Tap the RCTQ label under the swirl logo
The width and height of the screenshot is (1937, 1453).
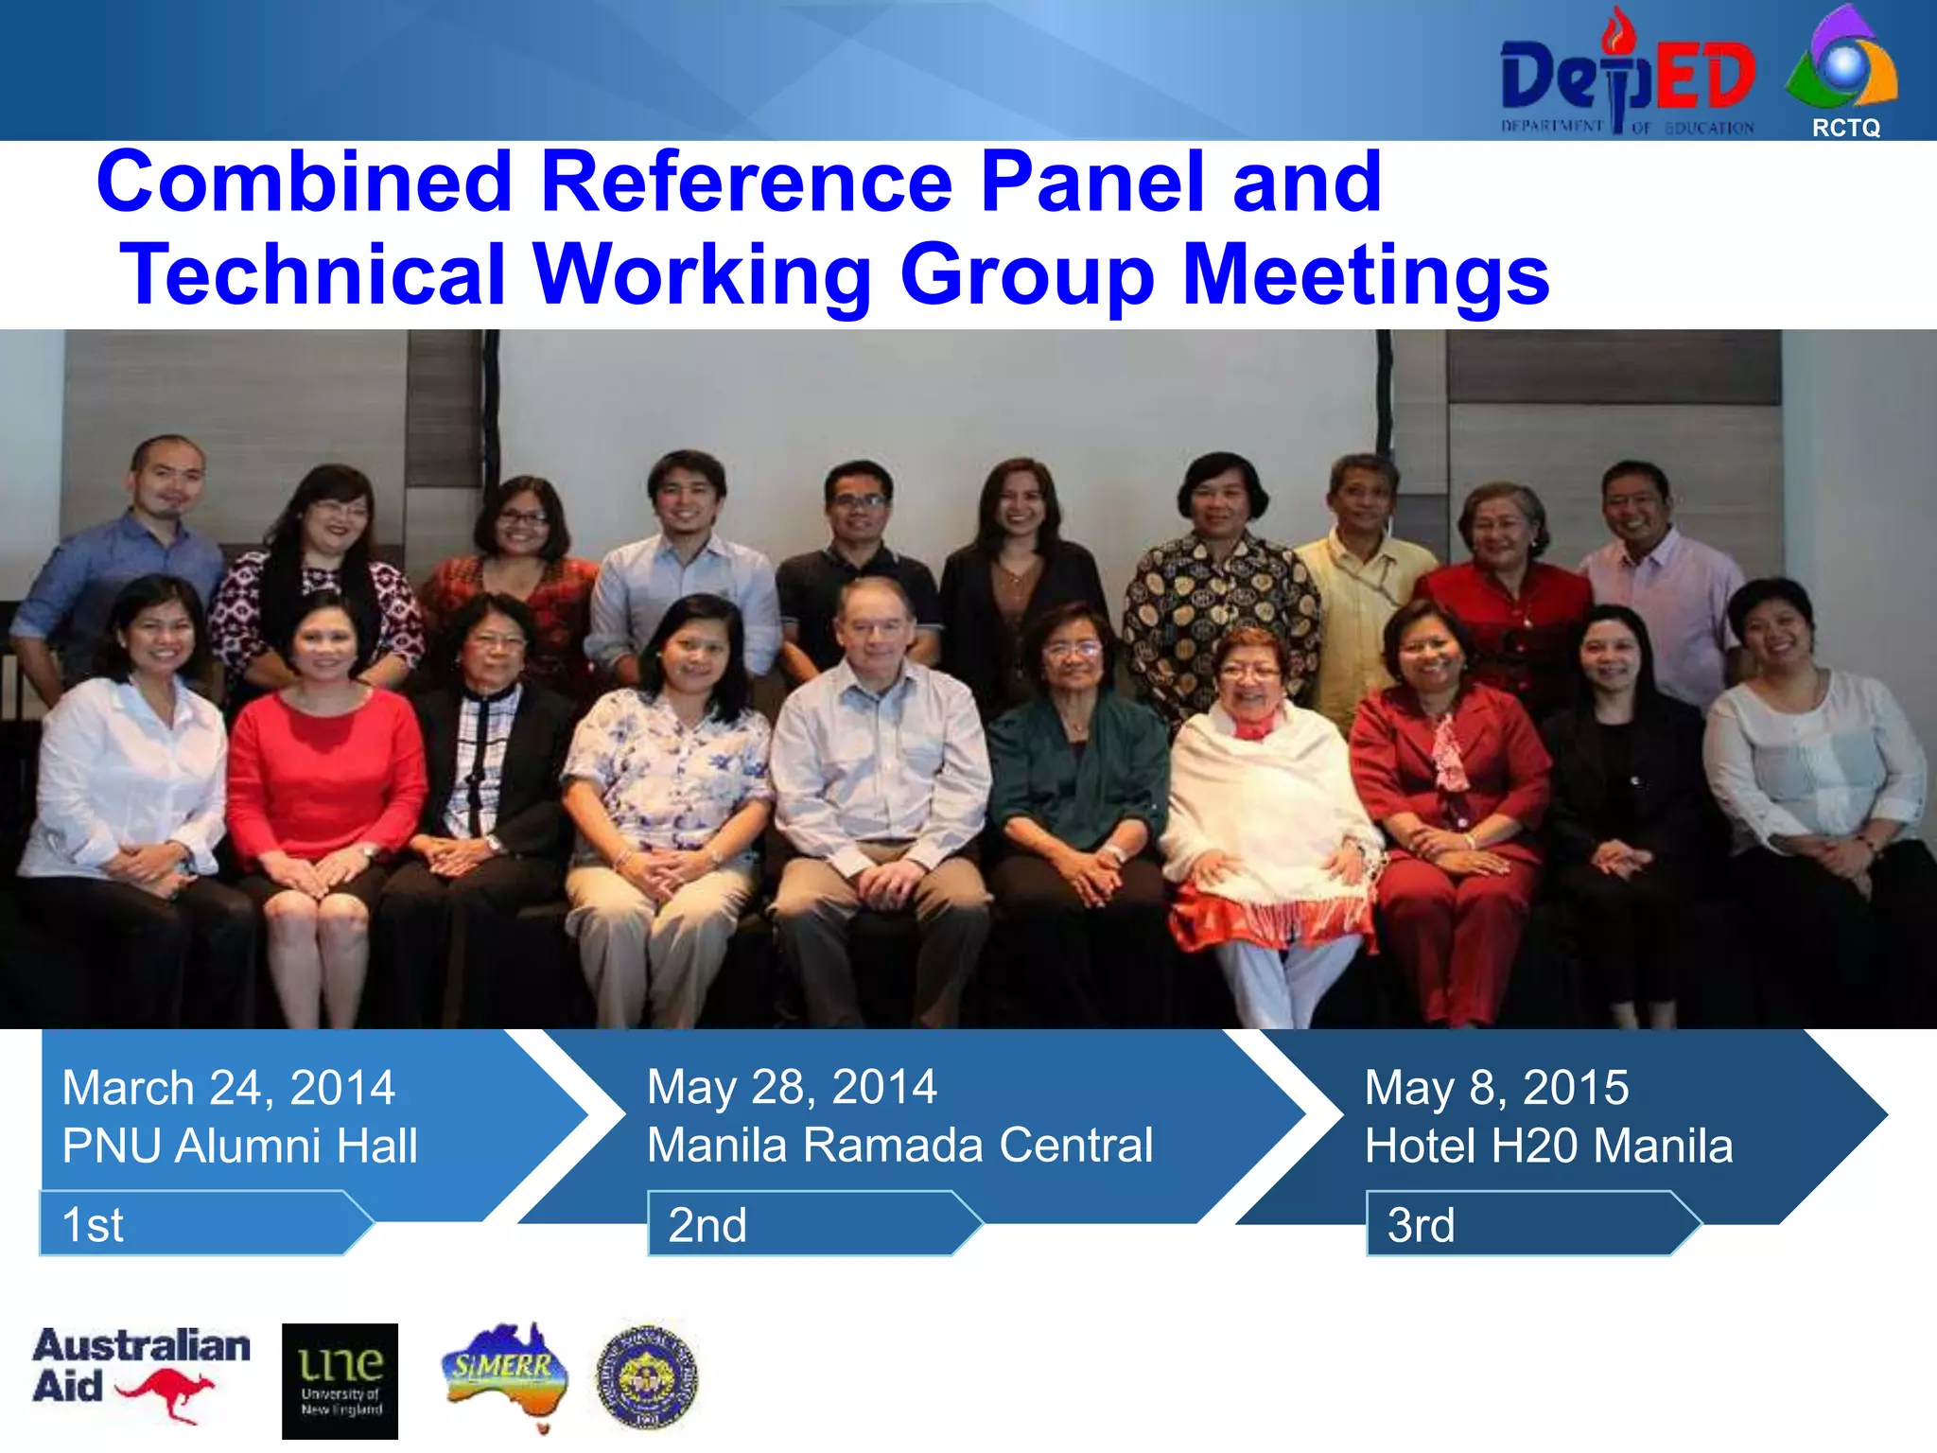tap(1845, 128)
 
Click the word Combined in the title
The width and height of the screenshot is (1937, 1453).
tap(305, 182)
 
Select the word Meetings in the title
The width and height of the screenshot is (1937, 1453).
tap(1366, 274)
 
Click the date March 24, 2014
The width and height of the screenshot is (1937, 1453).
tap(228, 1087)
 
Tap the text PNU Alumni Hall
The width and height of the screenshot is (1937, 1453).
tap(239, 1146)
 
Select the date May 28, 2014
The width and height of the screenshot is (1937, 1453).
tap(792, 1086)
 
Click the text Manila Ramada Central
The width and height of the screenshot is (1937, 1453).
tap(899, 1145)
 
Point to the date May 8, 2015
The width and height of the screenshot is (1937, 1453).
tap(1496, 1087)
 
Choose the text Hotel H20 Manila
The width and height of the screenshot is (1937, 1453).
tap(1548, 1146)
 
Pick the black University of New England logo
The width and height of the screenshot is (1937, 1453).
tap(340, 1380)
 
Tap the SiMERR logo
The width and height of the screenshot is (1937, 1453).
tap(505, 1373)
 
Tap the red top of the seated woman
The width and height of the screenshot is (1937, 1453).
tap(326, 766)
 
